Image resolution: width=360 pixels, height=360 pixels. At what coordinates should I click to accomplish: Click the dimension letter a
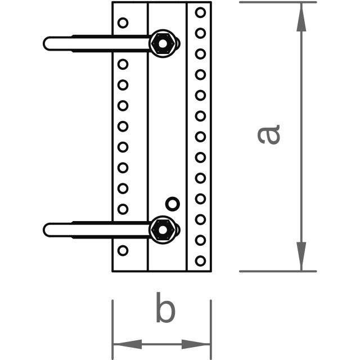tap(269, 135)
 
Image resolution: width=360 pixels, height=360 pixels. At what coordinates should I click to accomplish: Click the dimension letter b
tap(165, 310)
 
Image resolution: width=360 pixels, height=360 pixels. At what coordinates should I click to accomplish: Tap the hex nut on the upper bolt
tap(163, 43)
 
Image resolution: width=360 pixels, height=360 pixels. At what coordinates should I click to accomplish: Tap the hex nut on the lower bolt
tap(163, 229)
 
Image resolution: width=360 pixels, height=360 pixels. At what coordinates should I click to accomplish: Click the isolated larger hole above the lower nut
tap(173, 203)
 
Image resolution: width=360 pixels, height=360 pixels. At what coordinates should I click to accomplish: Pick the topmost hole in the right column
tap(200, 12)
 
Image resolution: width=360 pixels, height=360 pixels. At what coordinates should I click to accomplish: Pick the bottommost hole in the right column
tap(200, 260)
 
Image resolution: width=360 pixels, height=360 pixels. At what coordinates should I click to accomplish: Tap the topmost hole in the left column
tap(123, 23)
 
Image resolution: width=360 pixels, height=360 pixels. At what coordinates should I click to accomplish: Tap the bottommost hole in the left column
tap(123, 250)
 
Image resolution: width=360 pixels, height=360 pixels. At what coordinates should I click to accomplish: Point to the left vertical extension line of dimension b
tap(112, 326)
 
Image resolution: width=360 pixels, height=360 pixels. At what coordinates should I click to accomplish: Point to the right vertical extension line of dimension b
tap(211, 326)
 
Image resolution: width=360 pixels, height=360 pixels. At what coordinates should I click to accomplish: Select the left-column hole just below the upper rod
tap(123, 64)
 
